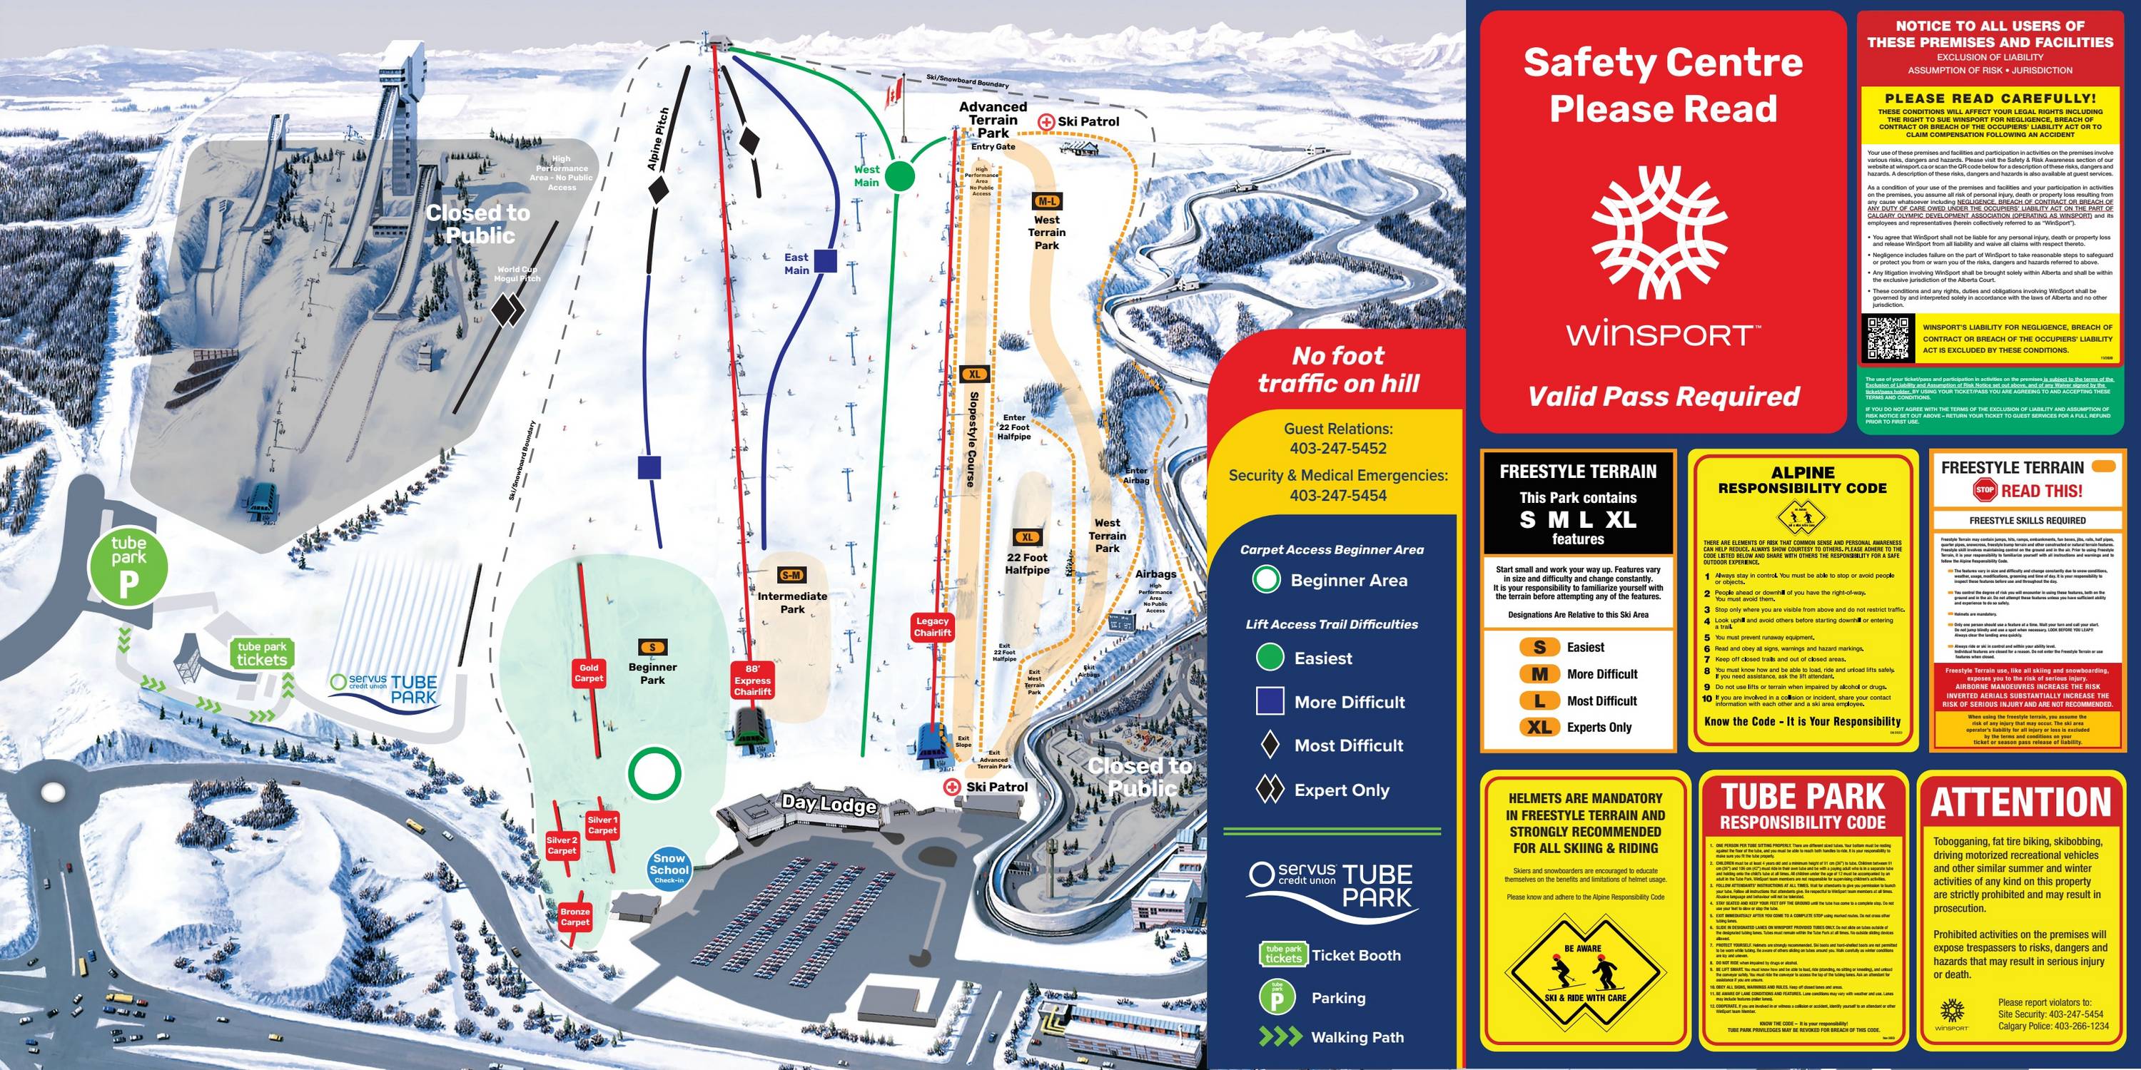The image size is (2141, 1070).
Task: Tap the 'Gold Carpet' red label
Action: tap(589, 673)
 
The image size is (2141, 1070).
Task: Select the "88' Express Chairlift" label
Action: tap(752, 680)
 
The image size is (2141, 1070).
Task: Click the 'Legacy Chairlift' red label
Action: tap(932, 626)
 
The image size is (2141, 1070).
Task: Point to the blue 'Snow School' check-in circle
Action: tap(669, 868)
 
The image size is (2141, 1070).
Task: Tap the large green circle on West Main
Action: tap(899, 176)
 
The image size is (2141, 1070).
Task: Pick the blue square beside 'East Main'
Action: tap(824, 261)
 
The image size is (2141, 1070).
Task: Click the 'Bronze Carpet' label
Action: tap(575, 917)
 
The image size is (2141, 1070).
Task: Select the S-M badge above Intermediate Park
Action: tap(791, 575)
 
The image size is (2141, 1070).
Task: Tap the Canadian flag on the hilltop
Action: tap(894, 92)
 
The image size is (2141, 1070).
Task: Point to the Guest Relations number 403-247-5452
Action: tap(1338, 449)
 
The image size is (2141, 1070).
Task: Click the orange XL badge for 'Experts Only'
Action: tap(1539, 727)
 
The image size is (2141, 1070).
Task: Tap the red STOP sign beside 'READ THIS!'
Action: tap(1985, 490)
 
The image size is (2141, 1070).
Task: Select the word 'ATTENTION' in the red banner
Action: tap(2020, 802)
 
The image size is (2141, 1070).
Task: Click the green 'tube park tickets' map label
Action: tap(262, 654)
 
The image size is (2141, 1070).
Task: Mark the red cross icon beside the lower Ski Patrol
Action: tap(951, 787)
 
